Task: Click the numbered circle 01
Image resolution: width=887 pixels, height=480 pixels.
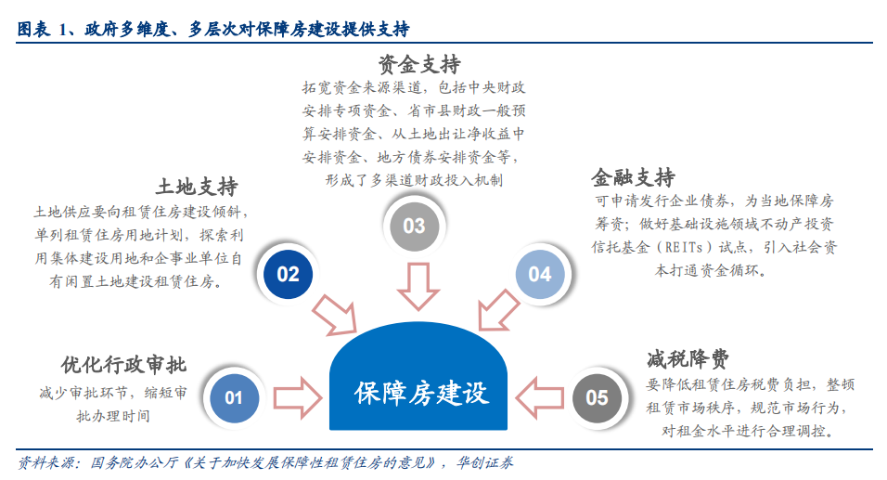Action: pyautogui.click(x=234, y=397)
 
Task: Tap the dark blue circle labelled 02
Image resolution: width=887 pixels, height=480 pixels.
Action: pyautogui.click(x=288, y=275)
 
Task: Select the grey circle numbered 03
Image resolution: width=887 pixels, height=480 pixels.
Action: pyautogui.click(x=414, y=227)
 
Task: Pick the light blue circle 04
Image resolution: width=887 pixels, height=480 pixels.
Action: pyautogui.click(x=540, y=275)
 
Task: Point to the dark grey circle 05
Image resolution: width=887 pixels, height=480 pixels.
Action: pyautogui.click(x=597, y=398)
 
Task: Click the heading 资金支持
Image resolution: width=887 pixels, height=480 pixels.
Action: pyautogui.click(x=419, y=64)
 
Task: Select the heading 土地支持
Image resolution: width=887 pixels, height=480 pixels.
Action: pyautogui.click(x=197, y=187)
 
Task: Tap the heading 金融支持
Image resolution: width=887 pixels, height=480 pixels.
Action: pyautogui.click(x=634, y=177)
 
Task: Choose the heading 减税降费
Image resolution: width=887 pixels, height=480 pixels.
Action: pyautogui.click(x=688, y=359)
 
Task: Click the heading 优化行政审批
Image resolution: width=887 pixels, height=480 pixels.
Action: pyautogui.click(x=124, y=365)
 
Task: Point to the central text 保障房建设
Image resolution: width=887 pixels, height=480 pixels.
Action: pyautogui.click(x=421, y=394)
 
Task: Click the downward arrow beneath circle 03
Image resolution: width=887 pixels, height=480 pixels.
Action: pyautogui.click(x=418, y=286)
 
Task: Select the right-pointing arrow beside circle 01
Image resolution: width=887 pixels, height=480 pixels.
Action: pyautogui.click(x=298, y=398)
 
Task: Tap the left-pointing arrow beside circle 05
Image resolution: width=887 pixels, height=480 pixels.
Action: pyautogui.click(x=540, y=398)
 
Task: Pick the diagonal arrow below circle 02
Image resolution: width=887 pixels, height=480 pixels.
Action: pyautogui.click(x=335, y=315)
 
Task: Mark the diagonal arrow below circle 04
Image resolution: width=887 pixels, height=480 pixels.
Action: pyautogui.click(x=498, y=310)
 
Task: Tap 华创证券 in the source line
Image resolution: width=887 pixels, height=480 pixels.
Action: pyautogui.click(x=485, y=463)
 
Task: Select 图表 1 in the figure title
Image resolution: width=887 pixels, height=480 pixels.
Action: pyautogui.click(x=42, y=29)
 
